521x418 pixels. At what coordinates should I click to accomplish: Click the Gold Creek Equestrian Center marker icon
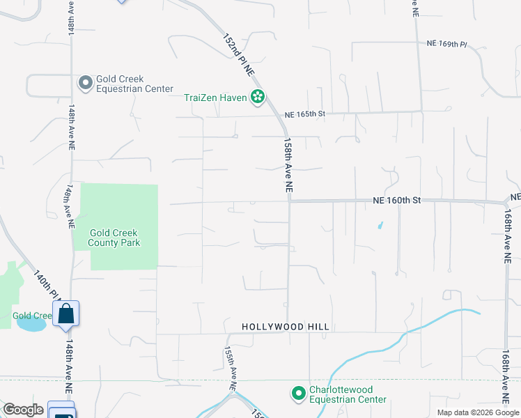(x=86, y=84)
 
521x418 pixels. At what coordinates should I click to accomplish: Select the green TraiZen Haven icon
(x=258, y=98)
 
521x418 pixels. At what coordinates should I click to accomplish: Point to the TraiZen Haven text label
(x=215, y=98)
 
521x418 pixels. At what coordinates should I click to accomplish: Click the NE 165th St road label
(x=305, y=114)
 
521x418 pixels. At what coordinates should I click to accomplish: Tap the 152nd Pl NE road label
(x=238, y=54)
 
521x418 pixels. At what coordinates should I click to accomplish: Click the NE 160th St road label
(x=397, y=200)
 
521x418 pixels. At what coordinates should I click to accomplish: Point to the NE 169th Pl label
(x=446, y=44)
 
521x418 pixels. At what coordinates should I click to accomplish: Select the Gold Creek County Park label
(x=114, y=238)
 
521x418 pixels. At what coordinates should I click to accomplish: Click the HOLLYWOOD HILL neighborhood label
(x=285, y=327)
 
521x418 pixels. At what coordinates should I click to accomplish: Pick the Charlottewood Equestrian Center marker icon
(x=298, y=394)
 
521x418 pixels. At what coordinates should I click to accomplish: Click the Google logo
(x=23, y=409)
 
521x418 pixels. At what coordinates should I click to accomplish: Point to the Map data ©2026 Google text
(x=478, y=412)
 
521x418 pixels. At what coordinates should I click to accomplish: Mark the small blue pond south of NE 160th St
(x=380, y=226)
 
